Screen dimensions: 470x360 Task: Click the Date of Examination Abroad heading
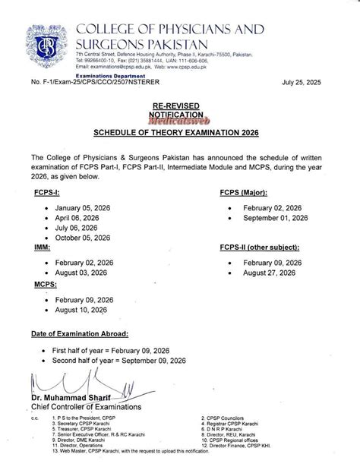(x=80, y=334)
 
